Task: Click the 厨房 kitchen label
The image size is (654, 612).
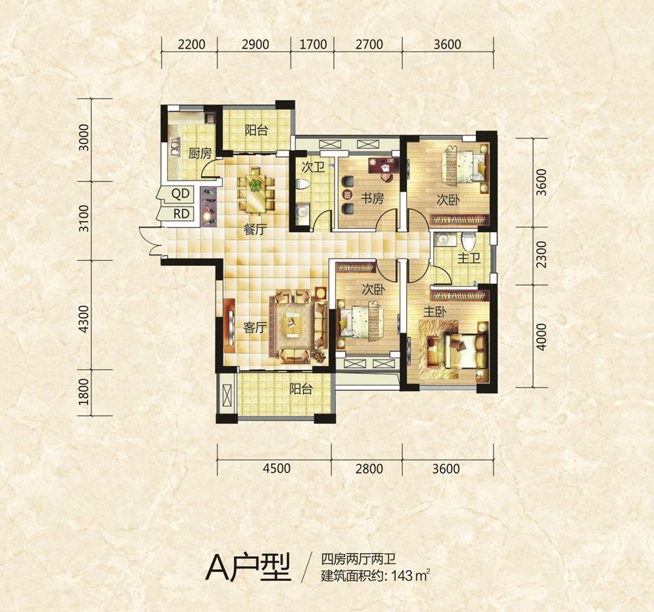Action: tap(200, 154)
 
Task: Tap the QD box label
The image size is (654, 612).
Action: tap(181, 193)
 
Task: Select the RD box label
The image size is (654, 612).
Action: tap(181, 214)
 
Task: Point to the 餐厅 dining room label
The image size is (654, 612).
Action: tap(254, 229)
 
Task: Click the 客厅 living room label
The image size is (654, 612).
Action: tap(255, 327)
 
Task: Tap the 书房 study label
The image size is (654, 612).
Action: tap(371, 199)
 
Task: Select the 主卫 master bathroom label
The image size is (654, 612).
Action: tap(469, 258)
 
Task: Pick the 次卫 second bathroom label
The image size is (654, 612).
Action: tap(314, 168)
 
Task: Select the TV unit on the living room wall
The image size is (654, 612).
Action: tap(229, 325)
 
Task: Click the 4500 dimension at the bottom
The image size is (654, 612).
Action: tap(277, 469)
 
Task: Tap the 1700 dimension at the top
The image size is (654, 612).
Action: tap(313, 44)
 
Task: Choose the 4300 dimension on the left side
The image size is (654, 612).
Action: tap(84, 319)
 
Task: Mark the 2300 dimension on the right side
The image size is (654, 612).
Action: tap(542, 255)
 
